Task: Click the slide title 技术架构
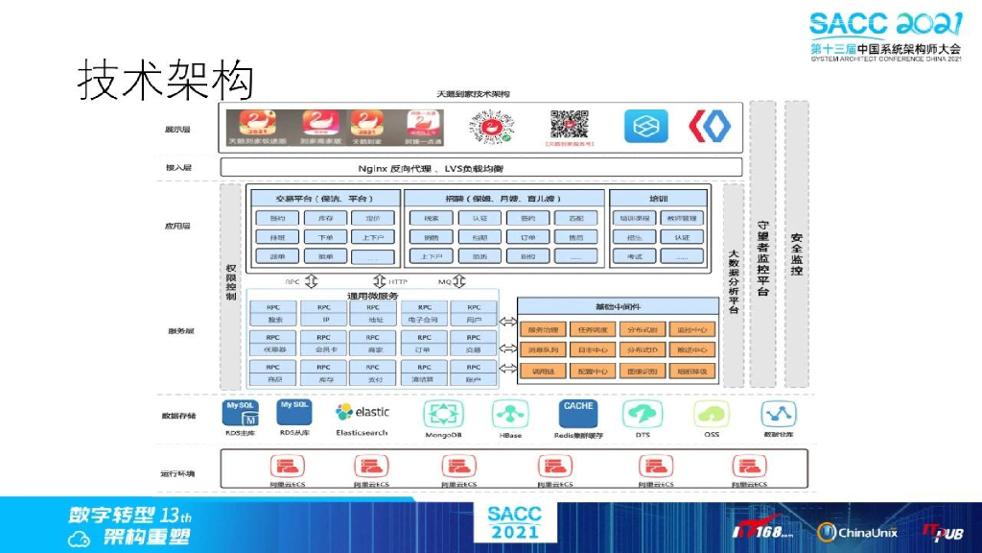(x=165, y=81)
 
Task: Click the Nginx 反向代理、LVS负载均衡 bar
(x=481, y=168)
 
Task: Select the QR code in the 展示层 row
(x=569, y=126)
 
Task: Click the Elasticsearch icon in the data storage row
(x=362, y=413)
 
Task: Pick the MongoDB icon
(x=444, y=414)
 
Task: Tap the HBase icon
(x=509, y=414)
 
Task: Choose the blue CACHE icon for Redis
(x=578, y=413)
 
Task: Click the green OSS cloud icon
(x=711, y=414)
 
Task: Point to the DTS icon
(x=642, y=414)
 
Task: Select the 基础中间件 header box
(x=618, y=306)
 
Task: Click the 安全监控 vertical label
(x=796, y=254)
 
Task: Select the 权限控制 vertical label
(x=230, y=278)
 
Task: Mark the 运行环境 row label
(x=178, y=473)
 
